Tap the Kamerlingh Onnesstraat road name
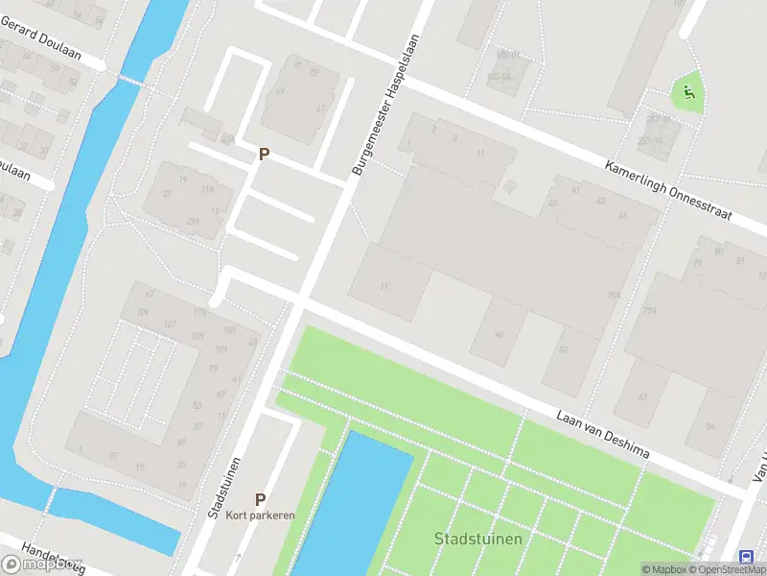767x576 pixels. click(668, 190)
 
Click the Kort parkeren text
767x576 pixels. click(261, 516)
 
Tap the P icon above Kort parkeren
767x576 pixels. click(260, 499)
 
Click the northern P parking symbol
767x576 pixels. click(264, 154)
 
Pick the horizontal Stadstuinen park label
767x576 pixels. click(478, 538)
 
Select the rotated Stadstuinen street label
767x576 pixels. click(222, 488)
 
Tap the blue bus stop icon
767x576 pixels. click(746, 557)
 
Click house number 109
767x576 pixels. click(142, 313)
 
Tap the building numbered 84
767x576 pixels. click(709, 425)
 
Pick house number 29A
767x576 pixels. click(194, 222)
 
